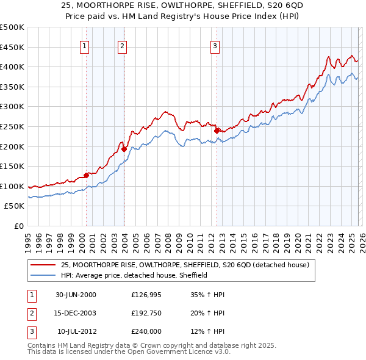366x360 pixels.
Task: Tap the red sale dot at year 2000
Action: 86,175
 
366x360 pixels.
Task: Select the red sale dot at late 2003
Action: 124,148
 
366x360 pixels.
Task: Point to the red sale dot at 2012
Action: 217,130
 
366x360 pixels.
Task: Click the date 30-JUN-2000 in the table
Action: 76,295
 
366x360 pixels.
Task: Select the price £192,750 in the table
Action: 146,313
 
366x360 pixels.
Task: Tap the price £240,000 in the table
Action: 146,331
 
